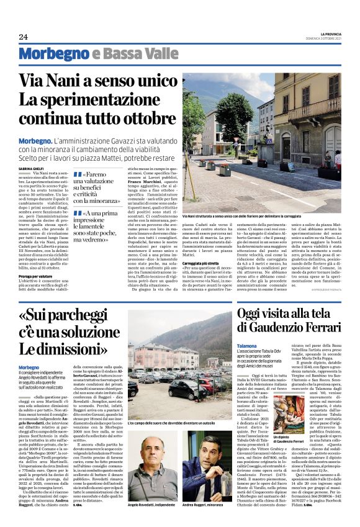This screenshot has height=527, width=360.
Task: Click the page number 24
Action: point(24,37)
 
